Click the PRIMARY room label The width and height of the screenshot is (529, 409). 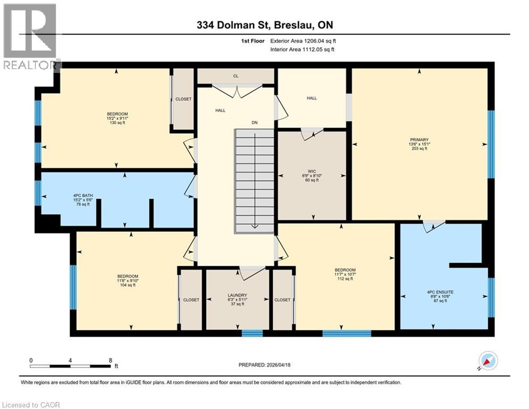(419, 139)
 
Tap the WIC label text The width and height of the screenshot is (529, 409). (312, 170)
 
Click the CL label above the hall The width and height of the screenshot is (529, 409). (236, 76)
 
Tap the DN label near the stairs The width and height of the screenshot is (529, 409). (255, 122)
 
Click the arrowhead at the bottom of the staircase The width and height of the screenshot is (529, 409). (255, 226)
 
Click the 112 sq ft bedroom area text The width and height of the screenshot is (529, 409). (345, 279)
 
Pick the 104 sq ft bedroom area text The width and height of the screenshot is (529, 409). (128, 285)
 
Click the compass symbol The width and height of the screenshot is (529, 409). (488, 361)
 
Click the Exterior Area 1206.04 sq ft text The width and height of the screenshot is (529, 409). (303, 40)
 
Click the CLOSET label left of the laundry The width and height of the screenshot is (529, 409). (191, 300)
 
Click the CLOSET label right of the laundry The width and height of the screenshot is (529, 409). (282, 300)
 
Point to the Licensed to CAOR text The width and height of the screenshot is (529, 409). (31, 405)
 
